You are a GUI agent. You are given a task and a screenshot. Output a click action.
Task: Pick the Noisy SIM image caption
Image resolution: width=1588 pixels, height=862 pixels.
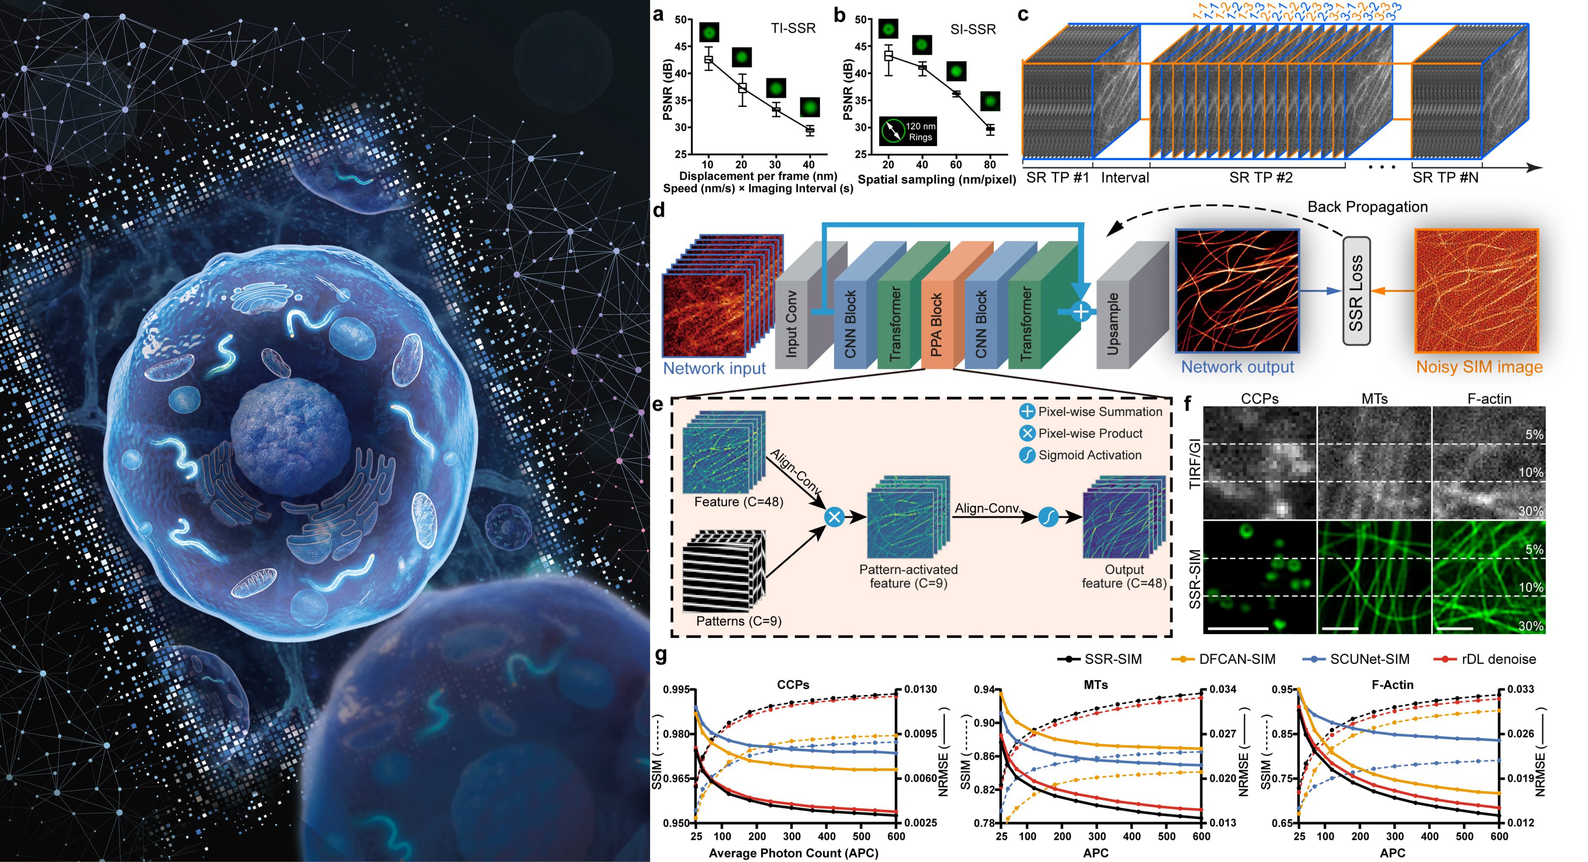pos(1479,367)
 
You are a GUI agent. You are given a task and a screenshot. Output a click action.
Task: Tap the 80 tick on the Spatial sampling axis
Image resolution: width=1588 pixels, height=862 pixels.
pos(989,165)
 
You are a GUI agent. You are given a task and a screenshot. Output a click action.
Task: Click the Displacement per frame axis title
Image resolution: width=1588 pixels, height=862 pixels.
pos(758,176)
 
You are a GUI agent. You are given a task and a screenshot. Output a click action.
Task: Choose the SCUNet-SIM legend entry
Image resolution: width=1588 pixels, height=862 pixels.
pos(1369,659)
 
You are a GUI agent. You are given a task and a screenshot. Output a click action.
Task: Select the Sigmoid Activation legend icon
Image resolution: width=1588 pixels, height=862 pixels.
pos(1027,455)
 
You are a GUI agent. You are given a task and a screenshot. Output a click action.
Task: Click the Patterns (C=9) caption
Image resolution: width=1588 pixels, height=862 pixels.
pos(738,621)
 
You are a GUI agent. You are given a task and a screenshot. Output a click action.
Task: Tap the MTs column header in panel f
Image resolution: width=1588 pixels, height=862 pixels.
pos(1374,399)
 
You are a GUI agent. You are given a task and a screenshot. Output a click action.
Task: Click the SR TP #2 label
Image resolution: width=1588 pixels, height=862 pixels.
pos(1261,177)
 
